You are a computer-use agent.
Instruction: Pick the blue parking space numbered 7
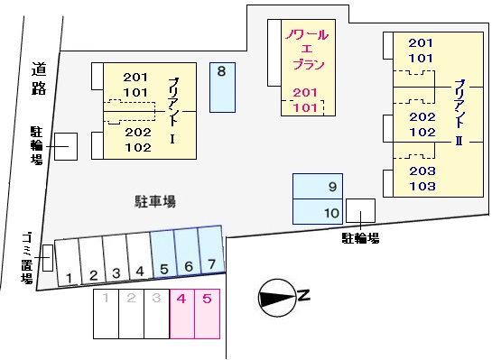(210, 254)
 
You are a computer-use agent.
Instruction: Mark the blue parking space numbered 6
(187, 255)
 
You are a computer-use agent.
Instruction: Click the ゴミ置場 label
(27, 257)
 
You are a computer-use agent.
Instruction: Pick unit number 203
(422, 171)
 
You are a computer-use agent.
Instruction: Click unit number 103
(422, 187)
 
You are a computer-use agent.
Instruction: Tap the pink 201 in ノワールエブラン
(305, 93)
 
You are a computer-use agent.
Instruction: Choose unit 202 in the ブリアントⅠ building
(137, 132)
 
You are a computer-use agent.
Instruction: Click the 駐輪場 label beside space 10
(360, 237)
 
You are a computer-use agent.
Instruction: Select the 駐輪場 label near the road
(37, 145)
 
